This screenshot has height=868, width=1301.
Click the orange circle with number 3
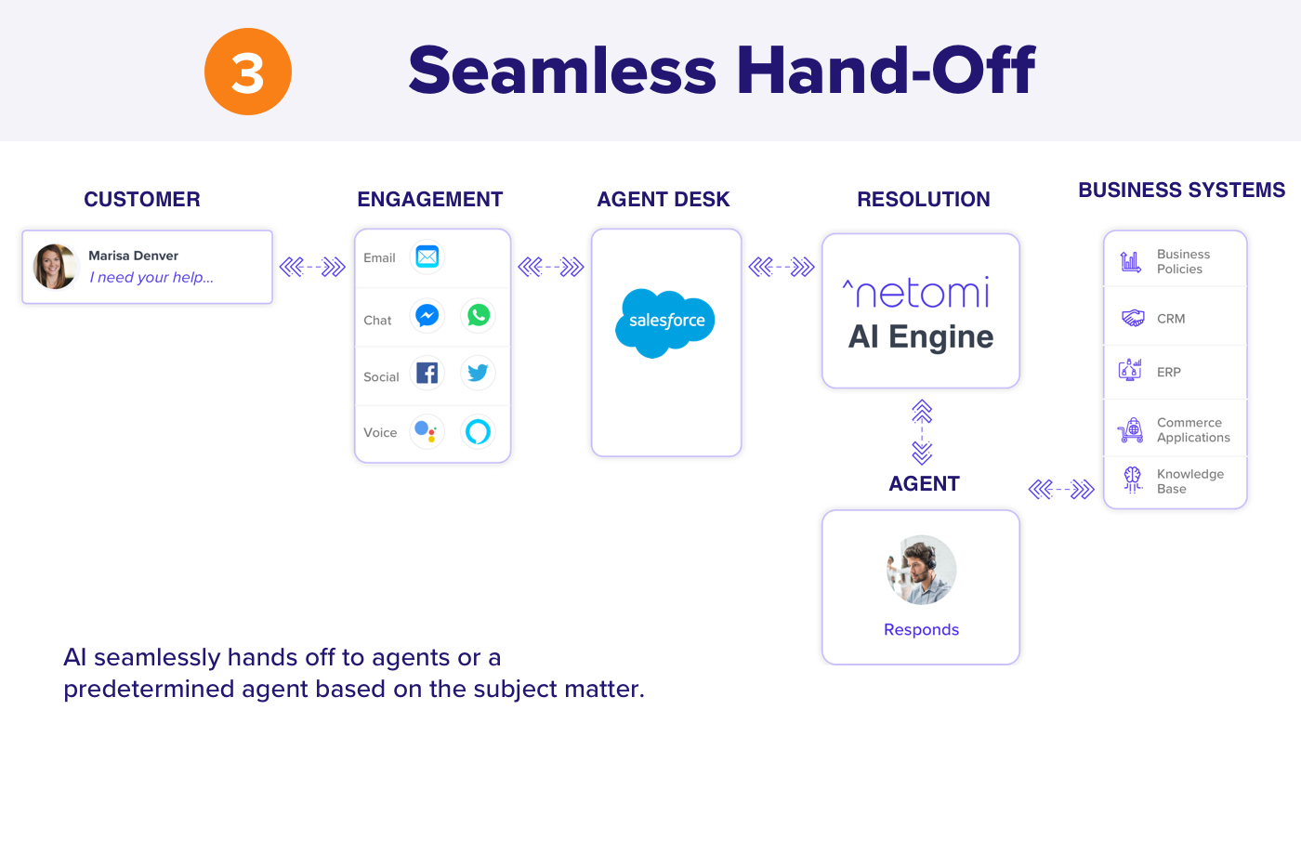tap(248, 72)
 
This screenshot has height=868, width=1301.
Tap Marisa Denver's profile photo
tap(55, 267)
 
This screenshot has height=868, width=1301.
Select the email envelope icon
tap(427, 256)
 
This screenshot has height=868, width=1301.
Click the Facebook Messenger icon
tap(427, 315)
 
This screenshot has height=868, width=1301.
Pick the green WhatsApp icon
tap(478, 315)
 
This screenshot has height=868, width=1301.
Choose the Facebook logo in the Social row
tap(427, 373)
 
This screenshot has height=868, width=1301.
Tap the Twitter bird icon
tap(478, 373)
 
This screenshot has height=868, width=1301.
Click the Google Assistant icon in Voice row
tap(427, 431)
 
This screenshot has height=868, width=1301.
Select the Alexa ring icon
tap(478, 431)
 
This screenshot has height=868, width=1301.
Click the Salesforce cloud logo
tap(665, 322)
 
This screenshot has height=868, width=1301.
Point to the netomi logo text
tap(916, 292)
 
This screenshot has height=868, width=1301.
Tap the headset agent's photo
tap(921, 570)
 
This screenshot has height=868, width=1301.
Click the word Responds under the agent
tap(921, 630)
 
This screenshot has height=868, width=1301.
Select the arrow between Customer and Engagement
tap(312, 267)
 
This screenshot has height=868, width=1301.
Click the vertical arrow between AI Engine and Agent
tap(922, 431)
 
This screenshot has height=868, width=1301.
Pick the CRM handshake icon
tap(1133, 318)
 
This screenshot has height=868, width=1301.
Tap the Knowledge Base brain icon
tap(1133, 480)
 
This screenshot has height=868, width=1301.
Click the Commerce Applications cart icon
tap(1130, 430)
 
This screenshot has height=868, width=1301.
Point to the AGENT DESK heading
tap(664, 199)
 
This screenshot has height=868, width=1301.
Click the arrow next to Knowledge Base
tap(1061, 489)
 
